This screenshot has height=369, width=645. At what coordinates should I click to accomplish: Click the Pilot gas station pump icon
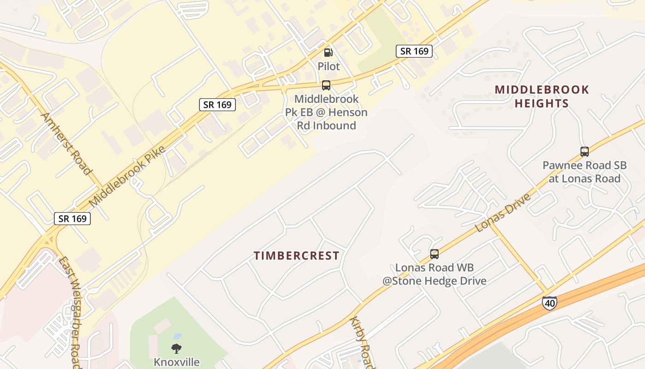coord(328,53)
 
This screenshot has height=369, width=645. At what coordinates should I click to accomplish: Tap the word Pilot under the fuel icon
coord(328,66)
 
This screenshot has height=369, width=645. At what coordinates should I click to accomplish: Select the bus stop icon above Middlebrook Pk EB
coord(326,85)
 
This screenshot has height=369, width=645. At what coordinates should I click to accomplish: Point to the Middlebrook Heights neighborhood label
coord(542,96)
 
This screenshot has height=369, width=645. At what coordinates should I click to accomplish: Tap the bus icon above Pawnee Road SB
coord(584,151)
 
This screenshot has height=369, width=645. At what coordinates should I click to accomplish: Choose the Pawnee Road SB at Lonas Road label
coord(584,172)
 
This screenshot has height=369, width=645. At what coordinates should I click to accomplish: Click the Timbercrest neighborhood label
coord(297,256)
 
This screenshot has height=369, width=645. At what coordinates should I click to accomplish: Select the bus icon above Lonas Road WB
coord(434,254)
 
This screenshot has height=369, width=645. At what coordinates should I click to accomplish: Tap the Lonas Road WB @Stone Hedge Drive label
coord(434,274)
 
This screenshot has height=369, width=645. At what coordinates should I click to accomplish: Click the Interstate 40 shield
coord(549,303)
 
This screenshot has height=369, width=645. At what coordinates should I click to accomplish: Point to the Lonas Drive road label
coord(503,213)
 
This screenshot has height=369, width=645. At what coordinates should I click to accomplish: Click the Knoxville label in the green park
coord(176,362)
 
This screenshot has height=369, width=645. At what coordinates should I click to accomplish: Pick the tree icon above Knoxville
coord(176,348)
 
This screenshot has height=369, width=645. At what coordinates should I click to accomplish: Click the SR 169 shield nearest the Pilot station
coord(414,51)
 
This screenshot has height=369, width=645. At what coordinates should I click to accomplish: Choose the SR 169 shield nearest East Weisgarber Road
coord(72,219)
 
